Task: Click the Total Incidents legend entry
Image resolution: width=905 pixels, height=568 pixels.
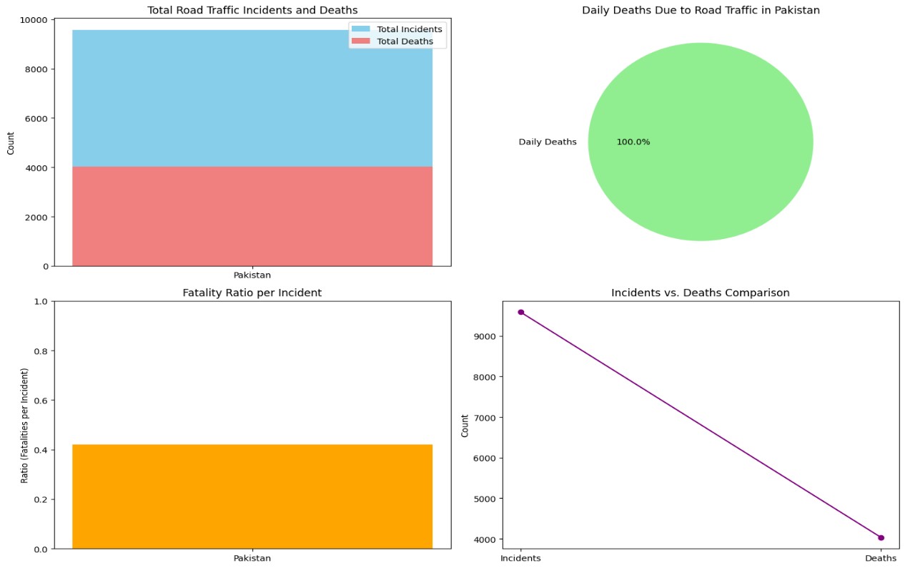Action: tap(409, 29)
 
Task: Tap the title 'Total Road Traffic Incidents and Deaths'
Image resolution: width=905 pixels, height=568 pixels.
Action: tap(252, 10)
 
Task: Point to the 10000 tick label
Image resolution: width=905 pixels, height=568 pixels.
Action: tap(35, 20)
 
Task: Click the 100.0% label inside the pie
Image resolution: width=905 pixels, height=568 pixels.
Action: tap(633, 142)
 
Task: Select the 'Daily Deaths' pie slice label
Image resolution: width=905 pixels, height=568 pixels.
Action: tap(548, 142)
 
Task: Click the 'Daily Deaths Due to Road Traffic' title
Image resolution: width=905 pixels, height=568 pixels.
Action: tap(701, 10)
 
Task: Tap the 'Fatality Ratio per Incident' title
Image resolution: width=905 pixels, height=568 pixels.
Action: tap(252, 293)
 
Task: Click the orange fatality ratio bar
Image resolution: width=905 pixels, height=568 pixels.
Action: tap(252, 496)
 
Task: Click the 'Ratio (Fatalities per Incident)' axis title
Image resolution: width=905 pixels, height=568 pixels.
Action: tap(25, 426)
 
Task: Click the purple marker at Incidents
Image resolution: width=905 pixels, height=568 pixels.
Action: tap(521, 312)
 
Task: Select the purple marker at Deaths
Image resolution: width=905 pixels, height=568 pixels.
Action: tap(881, 538)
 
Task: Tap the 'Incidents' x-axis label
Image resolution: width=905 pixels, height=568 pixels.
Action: tap(520, 558)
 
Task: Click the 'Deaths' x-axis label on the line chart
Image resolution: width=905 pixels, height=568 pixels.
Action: tap(881, 558)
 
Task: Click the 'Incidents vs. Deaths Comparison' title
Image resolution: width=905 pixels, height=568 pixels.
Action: tap(701, 293)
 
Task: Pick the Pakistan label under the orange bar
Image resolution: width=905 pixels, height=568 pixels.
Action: tap(252, 558)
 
